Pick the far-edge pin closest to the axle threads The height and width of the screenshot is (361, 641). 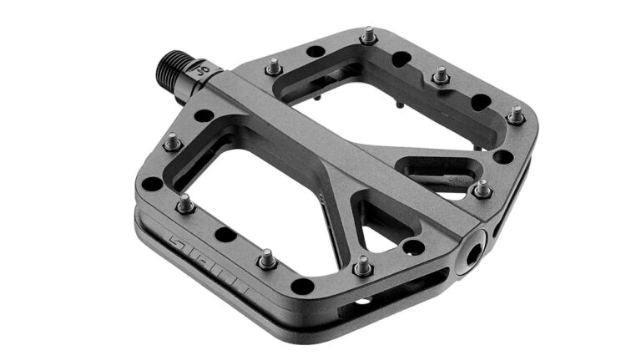click(273, 67)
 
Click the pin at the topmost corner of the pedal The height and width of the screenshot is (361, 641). click(368, 35)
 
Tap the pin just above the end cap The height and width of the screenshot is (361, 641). click(482, 189)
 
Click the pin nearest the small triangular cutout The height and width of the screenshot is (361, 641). click(362, 267)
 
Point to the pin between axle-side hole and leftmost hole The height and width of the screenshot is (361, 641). click(173, 142)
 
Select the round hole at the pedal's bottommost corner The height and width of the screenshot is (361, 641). click(302, 286)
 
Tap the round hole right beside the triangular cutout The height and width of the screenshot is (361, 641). click(411, 247)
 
